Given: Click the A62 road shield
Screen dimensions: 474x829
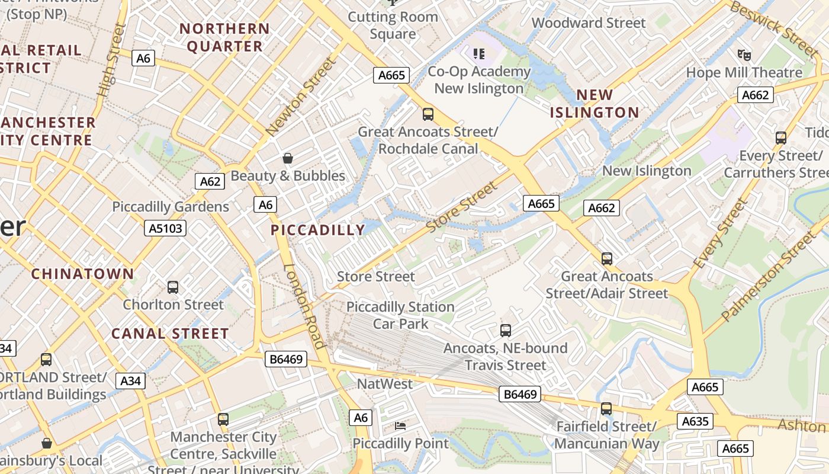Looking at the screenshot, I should tap(210, 181).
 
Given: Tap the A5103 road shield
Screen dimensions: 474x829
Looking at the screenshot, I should tap(165, 228).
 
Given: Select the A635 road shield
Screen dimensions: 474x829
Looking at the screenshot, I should tap(695, 421).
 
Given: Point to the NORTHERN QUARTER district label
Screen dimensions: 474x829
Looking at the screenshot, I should tap(224, 37).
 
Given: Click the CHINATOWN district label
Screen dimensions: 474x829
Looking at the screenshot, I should tap(82, 274).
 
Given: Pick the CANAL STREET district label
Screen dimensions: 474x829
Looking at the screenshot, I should tap(170, 334).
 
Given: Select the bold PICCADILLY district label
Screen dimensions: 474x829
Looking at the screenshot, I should tap(318, 230).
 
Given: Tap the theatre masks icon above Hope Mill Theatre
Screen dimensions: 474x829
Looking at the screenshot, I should tap(744, 55).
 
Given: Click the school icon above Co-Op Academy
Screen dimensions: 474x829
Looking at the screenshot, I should tap(479, 54).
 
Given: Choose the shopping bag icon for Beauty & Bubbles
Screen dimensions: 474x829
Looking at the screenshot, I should tap(288, 158).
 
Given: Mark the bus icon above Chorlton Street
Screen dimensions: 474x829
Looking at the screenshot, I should tap(173, 287).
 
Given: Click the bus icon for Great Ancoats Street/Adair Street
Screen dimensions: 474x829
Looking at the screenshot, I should tap(607, 259).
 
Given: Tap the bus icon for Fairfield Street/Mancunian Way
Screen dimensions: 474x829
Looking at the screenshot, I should tap(606, 409).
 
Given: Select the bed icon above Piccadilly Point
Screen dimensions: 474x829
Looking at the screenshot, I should tap(400, 426).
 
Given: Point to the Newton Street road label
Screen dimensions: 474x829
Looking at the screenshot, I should tap(296, 103).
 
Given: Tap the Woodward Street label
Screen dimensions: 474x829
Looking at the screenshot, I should tap(589, 23).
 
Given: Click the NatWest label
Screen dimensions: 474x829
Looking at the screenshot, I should tap(384, 384).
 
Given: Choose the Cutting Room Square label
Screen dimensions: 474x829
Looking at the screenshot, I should tap(393, 25).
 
